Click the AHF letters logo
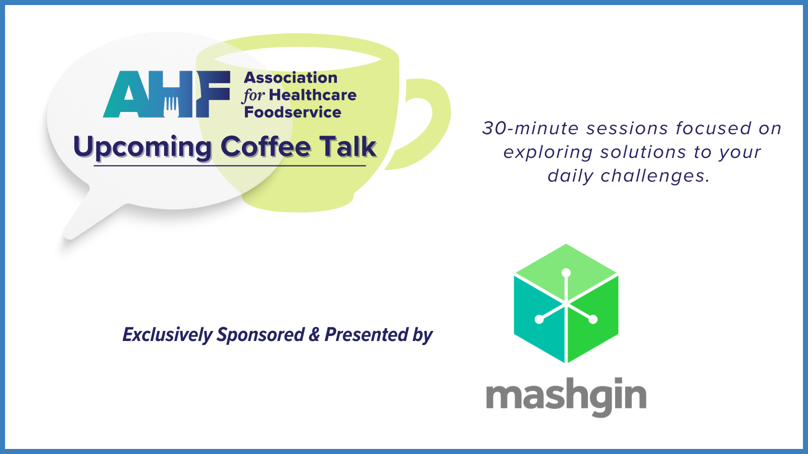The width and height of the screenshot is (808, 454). click(x=167, y=94)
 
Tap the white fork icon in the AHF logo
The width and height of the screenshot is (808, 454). click(x=171, y=106)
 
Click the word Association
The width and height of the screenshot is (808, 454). click(x=291, y=78)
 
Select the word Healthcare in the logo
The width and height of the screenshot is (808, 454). click(x=313, y=95)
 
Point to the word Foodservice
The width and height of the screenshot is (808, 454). click(x=292, y=112)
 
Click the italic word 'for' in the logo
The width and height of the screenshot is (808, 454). click(x=254, y=96)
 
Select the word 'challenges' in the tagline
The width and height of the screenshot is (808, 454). click(x=655, y=176)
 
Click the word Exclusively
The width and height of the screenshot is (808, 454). click(x=168, y=335)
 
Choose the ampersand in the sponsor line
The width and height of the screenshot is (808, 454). click(x=314, y=334)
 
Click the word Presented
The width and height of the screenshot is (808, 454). click(x=366, y=334)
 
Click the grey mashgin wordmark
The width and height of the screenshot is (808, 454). click(x=566, y=396)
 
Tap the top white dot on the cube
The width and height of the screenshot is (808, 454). click(x=566, y=273)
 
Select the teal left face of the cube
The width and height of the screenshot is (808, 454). click(x=539, y=319)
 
